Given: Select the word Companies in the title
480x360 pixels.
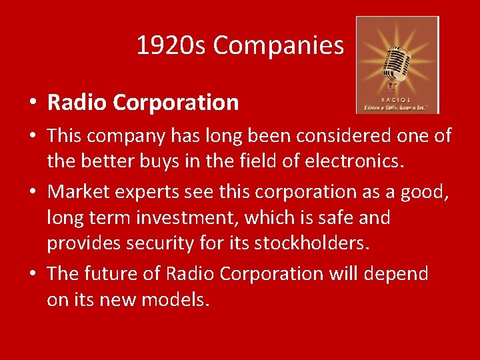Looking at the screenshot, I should coord(278,46).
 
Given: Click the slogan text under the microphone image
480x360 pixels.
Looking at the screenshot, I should coord(397,107).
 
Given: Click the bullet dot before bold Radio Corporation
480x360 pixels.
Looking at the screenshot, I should coord(33,103).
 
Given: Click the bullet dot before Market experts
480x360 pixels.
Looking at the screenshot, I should coord(33,192).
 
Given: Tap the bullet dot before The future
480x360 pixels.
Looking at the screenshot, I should coord(33,274).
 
